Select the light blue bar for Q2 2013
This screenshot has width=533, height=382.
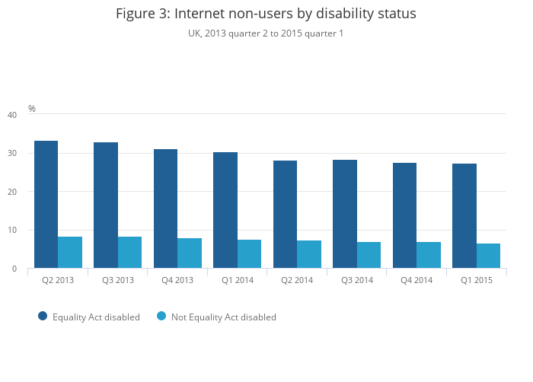pos(70,252)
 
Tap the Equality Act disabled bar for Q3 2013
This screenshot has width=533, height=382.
pos(106,205)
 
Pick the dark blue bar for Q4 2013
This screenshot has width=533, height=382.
pos(165,209)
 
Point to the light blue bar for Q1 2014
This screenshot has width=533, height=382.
pos(249,253)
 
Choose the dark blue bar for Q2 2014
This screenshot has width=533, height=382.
pos(285,214)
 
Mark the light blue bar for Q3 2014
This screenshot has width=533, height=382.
pos(369,255)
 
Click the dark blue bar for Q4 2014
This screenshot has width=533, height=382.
pos(404,215)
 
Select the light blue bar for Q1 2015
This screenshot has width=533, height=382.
pos(488,256)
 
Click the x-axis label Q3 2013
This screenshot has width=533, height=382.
pos(118,280)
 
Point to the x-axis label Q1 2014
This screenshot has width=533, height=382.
pos(238,280)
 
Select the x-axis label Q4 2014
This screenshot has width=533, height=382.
pos(417,280)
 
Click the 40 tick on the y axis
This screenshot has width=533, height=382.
pos(11,115)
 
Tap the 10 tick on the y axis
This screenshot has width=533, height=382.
pos(11,230)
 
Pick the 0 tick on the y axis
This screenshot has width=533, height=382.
pos(14,269)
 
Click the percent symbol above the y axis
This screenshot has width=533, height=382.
pos(32,109)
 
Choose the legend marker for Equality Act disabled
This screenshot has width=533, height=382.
pos(43,316)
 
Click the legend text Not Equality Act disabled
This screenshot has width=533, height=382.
pos(223,317)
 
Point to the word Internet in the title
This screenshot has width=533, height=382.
pos(200,14)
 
